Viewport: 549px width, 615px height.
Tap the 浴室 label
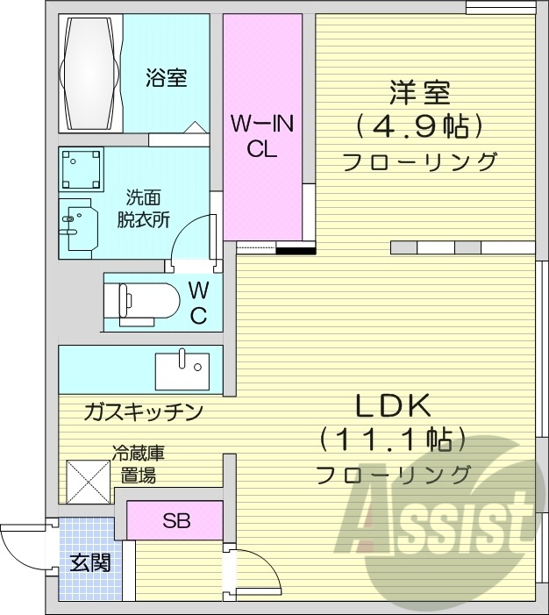[166, 78]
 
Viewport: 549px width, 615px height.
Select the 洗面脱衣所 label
[144, 208]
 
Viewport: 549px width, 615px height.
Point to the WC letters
[198, 303]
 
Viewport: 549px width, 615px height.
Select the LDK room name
[392, 406]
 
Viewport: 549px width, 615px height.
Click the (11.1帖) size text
[392, 438]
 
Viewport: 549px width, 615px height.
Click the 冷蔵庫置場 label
[138, 465]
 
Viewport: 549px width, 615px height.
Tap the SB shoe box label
[175, 520]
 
